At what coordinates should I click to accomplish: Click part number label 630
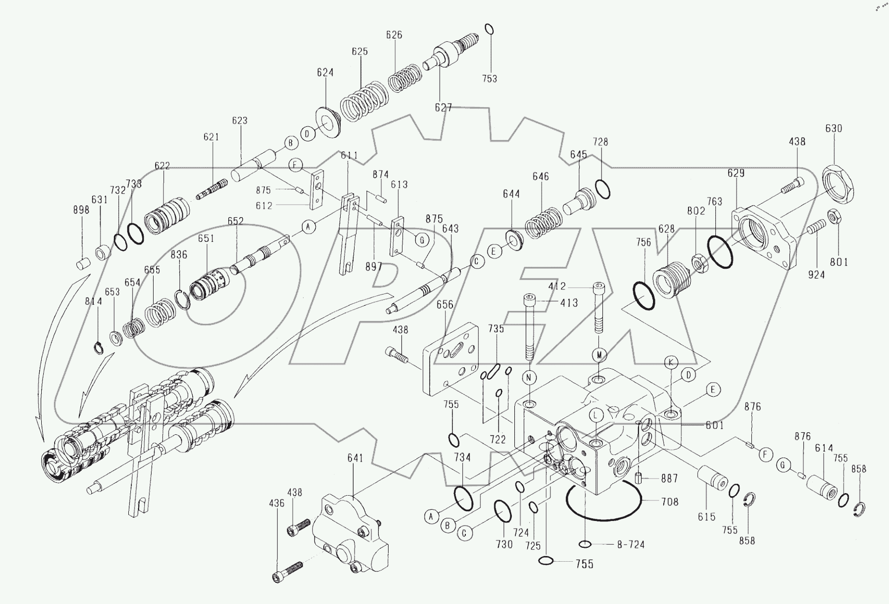click(x=833, y=128)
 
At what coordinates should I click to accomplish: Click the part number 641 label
click(x=355, y=458)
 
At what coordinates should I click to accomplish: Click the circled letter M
click(x=599, y=355)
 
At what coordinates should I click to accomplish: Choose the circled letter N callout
click(x=529, y=378)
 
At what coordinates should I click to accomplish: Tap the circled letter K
click(x=671, y=363)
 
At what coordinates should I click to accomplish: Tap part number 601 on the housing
click(x=714, y=426)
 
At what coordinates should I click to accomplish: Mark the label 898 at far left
click(x=81, y=210)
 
